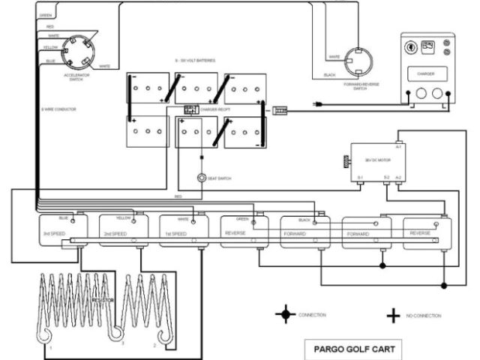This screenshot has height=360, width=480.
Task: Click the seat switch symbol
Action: click(x=201, y=178)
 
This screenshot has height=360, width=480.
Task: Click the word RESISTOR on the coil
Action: click(x=103, y=299)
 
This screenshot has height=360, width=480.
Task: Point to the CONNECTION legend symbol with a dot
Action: click(x=284, y=314)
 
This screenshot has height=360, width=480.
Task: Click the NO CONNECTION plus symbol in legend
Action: click(x=392, y=315)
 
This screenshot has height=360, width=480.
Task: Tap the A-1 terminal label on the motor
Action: click(x=399, y=146)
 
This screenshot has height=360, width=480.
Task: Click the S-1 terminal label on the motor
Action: click(x=360, y=178)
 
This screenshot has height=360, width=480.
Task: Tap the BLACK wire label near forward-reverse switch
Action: click(x=328, y=75)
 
